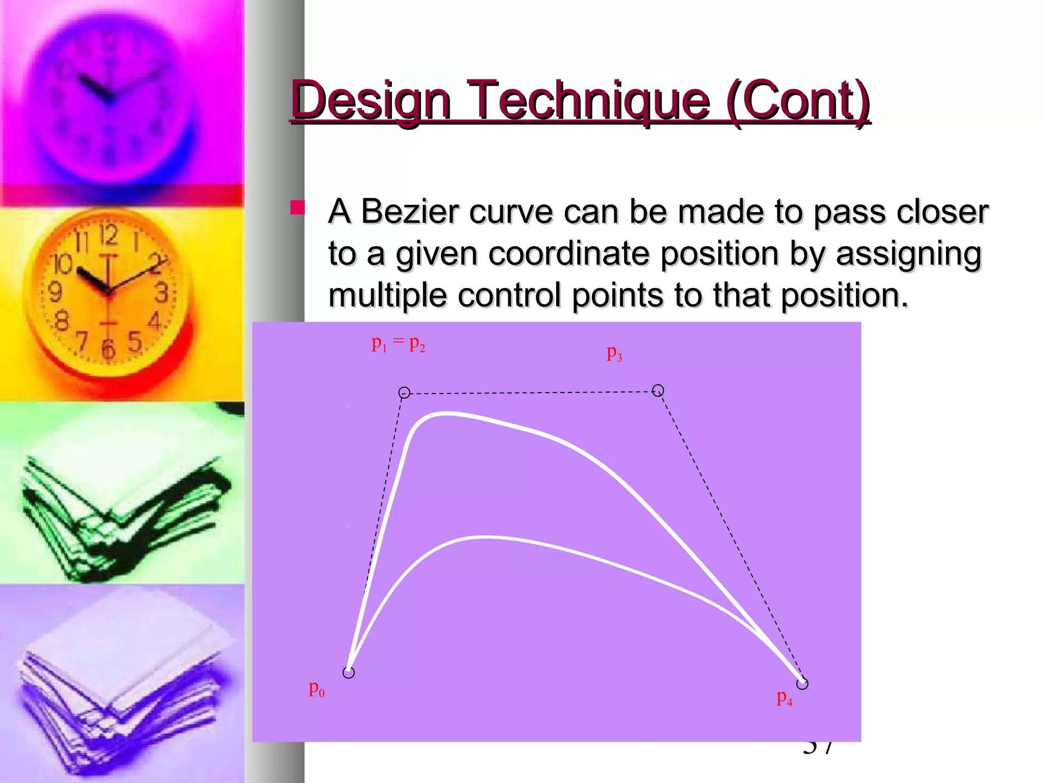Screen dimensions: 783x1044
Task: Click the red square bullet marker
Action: pos(297,207)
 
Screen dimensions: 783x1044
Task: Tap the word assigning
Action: pos(908,254)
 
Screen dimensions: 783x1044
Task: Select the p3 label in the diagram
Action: pos(614,353)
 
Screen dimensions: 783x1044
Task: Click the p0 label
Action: pos(316,689)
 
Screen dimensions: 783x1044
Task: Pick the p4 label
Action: pos(784,697)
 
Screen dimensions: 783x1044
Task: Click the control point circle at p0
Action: pos(349,673)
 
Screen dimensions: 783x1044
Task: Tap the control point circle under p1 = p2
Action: pos(404,393)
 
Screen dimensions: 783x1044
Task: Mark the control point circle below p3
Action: pos(658,390)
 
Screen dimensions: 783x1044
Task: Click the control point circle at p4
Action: pos(802,684)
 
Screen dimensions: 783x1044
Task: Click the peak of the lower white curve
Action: pos(484,537)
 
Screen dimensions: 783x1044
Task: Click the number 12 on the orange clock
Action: pos(108,236)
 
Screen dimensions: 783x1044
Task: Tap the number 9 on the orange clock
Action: pos(55,292)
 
